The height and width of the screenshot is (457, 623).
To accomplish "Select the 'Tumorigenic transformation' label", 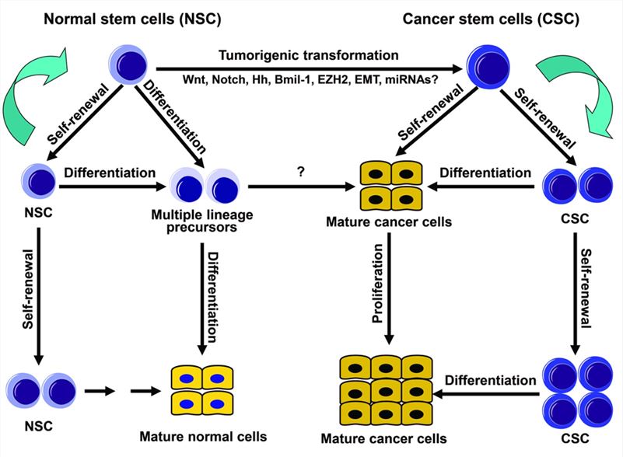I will point(310,55).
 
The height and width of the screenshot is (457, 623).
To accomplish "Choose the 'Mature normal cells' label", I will point(204,436).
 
